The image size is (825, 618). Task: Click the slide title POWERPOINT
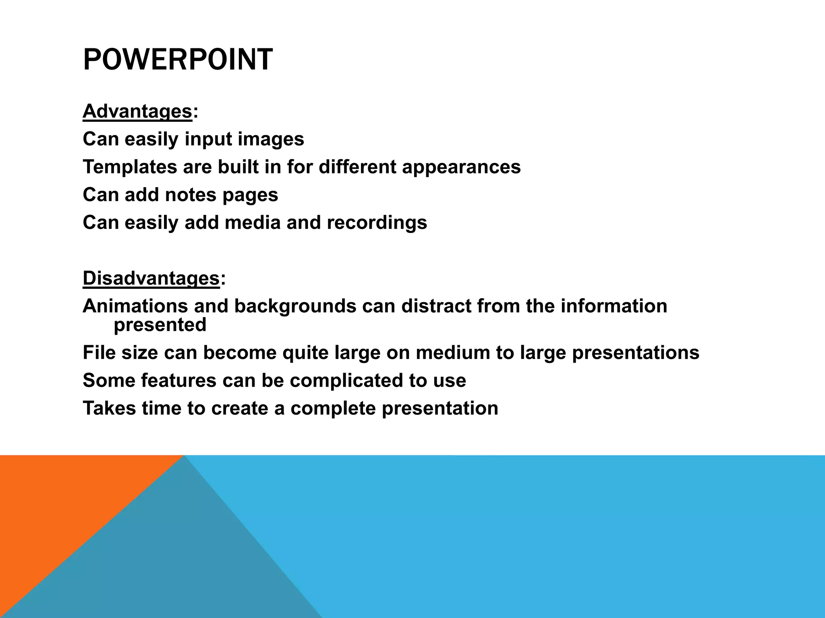[x=178, y=60]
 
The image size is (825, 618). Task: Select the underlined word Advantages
[x=137, y=111]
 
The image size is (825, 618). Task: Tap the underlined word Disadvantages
[x=151, y=278]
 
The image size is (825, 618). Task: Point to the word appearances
[x=461, y=167]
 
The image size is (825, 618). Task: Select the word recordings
[x=377, y=222]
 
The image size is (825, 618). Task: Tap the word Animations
[x=135, y=306]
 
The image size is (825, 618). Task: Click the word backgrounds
[x=295, y=306]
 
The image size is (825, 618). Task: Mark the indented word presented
[x=160, y=325]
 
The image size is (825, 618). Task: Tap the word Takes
[x=109, y=408]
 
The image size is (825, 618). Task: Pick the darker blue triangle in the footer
[x=169, y=563]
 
